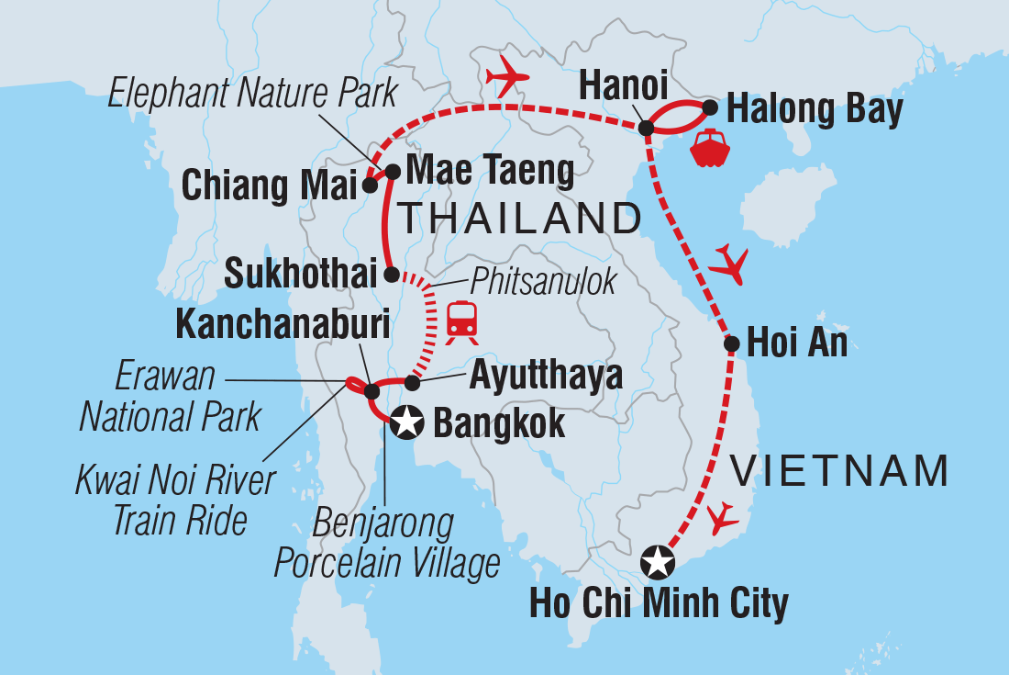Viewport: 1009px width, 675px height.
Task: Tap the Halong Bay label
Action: tap(815, 110)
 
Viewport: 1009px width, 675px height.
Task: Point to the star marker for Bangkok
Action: tap(406, 423)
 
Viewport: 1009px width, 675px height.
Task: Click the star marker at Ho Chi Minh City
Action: tap(657, 562)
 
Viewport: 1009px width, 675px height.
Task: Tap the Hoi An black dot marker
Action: tap(732, 344)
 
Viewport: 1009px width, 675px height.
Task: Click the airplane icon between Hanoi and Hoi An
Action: tap(730, 264)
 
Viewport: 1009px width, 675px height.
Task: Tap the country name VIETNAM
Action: tap(837, 471)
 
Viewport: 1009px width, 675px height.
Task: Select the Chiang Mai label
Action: tap(269, 186)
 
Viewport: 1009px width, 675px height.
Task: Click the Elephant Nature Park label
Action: tap(252, 94)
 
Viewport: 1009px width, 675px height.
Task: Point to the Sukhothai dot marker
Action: tap(391, 274)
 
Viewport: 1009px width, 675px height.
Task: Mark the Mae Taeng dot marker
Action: tap(392, 171)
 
